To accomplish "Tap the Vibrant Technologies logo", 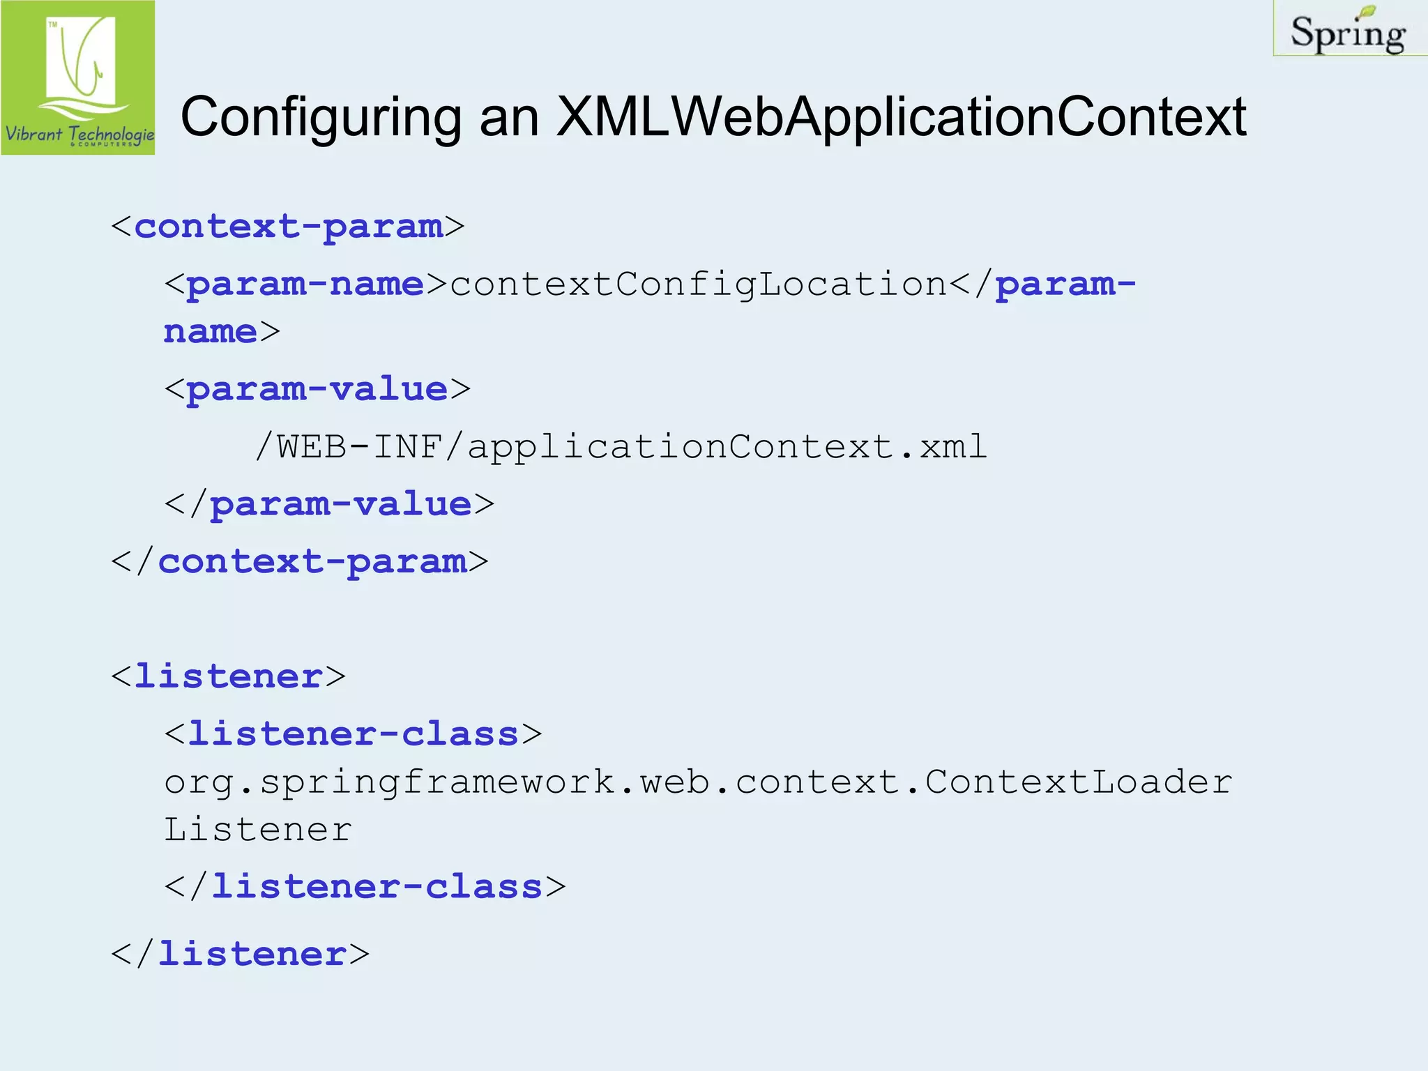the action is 78,77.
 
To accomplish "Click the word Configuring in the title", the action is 321,117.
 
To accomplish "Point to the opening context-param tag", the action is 287,227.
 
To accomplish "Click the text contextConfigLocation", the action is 698,284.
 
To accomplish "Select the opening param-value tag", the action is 317,389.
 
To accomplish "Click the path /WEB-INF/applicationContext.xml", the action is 621,447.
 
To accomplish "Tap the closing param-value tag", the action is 329,504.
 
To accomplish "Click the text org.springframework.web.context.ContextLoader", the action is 698,782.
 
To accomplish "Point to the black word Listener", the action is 258,830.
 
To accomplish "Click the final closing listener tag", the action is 240,954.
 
